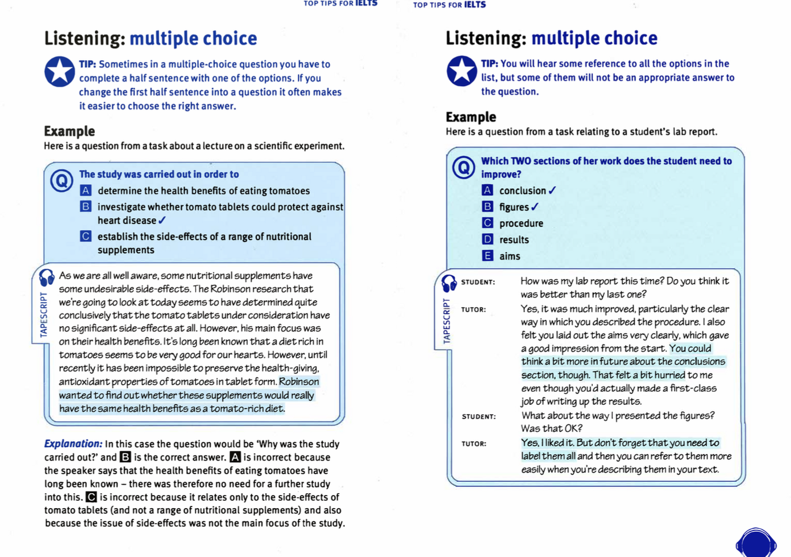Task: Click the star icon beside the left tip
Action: click(x=60, y=72)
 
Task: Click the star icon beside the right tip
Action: click(x=462, y=71)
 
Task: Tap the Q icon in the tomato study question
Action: click(x=62, y=180)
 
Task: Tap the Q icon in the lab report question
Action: click(x=463, y=168)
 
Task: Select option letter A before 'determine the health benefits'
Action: click(x=86, y=191)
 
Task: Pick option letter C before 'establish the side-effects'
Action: click(x=86, y=236)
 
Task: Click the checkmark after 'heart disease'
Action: click(x=162, y=221)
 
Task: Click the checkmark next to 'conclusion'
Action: click(x=552, y=190)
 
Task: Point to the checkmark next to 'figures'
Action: click(x=535, y=207)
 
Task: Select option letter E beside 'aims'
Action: click(x=487, y=256)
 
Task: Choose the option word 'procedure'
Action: click(x=521, y=223)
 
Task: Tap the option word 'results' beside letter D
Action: click(x=514, y=239)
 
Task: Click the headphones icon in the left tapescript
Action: click(x=47, y=277)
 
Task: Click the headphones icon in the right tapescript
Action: click(x=449, y=283)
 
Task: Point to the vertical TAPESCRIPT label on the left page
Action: click(x=44, y=315)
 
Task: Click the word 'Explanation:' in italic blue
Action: click(x=73, y=444)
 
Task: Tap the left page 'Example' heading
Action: click(x=70, y=131)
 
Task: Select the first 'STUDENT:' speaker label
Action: click(x=478, y=282)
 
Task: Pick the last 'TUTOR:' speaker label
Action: click(x=474, y=443)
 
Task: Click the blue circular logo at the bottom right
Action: click(x=756, y=543)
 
